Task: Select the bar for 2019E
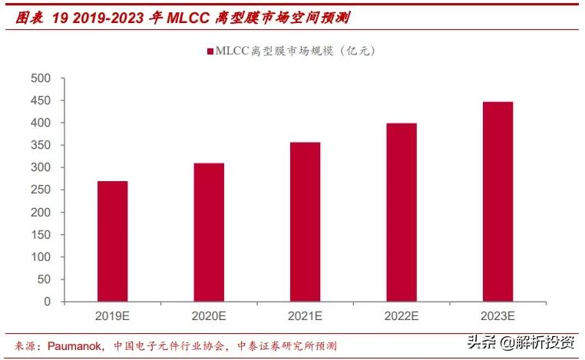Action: (112, 241)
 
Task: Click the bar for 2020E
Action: (208, 232)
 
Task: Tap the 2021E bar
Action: (305, 222)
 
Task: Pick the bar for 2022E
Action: (401, 212)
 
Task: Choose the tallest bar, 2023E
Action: (497, 201)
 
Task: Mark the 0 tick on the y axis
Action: (48, 302)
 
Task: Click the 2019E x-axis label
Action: (112, 315)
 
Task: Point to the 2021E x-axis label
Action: (305, 315)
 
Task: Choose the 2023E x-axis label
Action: (497, 315)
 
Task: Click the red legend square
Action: (210, 51)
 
